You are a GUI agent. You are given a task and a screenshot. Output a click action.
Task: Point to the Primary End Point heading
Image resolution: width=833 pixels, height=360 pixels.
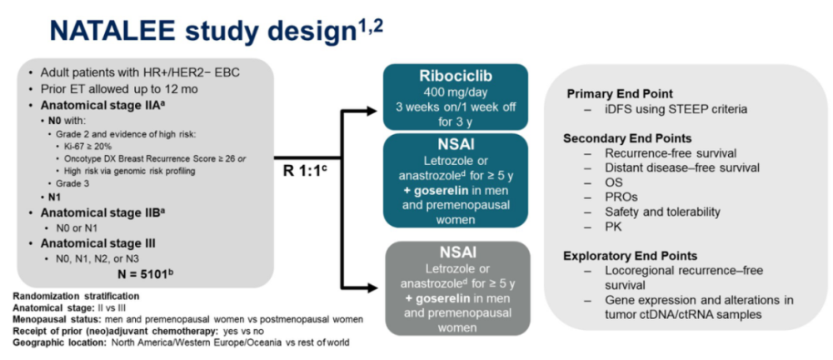(619, 93)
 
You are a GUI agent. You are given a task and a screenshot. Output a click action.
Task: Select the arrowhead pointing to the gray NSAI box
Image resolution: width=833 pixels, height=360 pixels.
(375, 287)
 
